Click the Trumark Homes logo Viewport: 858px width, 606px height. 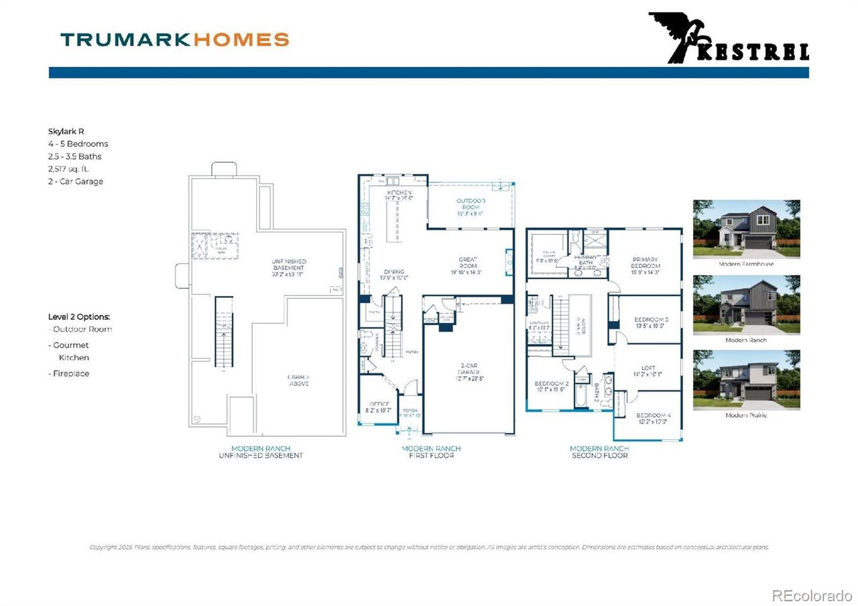(x=174, y=40)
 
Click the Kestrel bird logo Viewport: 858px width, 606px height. (x=728, y=38)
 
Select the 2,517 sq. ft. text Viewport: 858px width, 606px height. (x=68, y=169)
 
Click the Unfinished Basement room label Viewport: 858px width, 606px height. (x=271, y=265)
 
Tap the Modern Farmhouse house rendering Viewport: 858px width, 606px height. (x=746, y=229)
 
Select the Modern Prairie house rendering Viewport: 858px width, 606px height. (x=746, y=379)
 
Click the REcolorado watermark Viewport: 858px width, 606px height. (x=811, y=595)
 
